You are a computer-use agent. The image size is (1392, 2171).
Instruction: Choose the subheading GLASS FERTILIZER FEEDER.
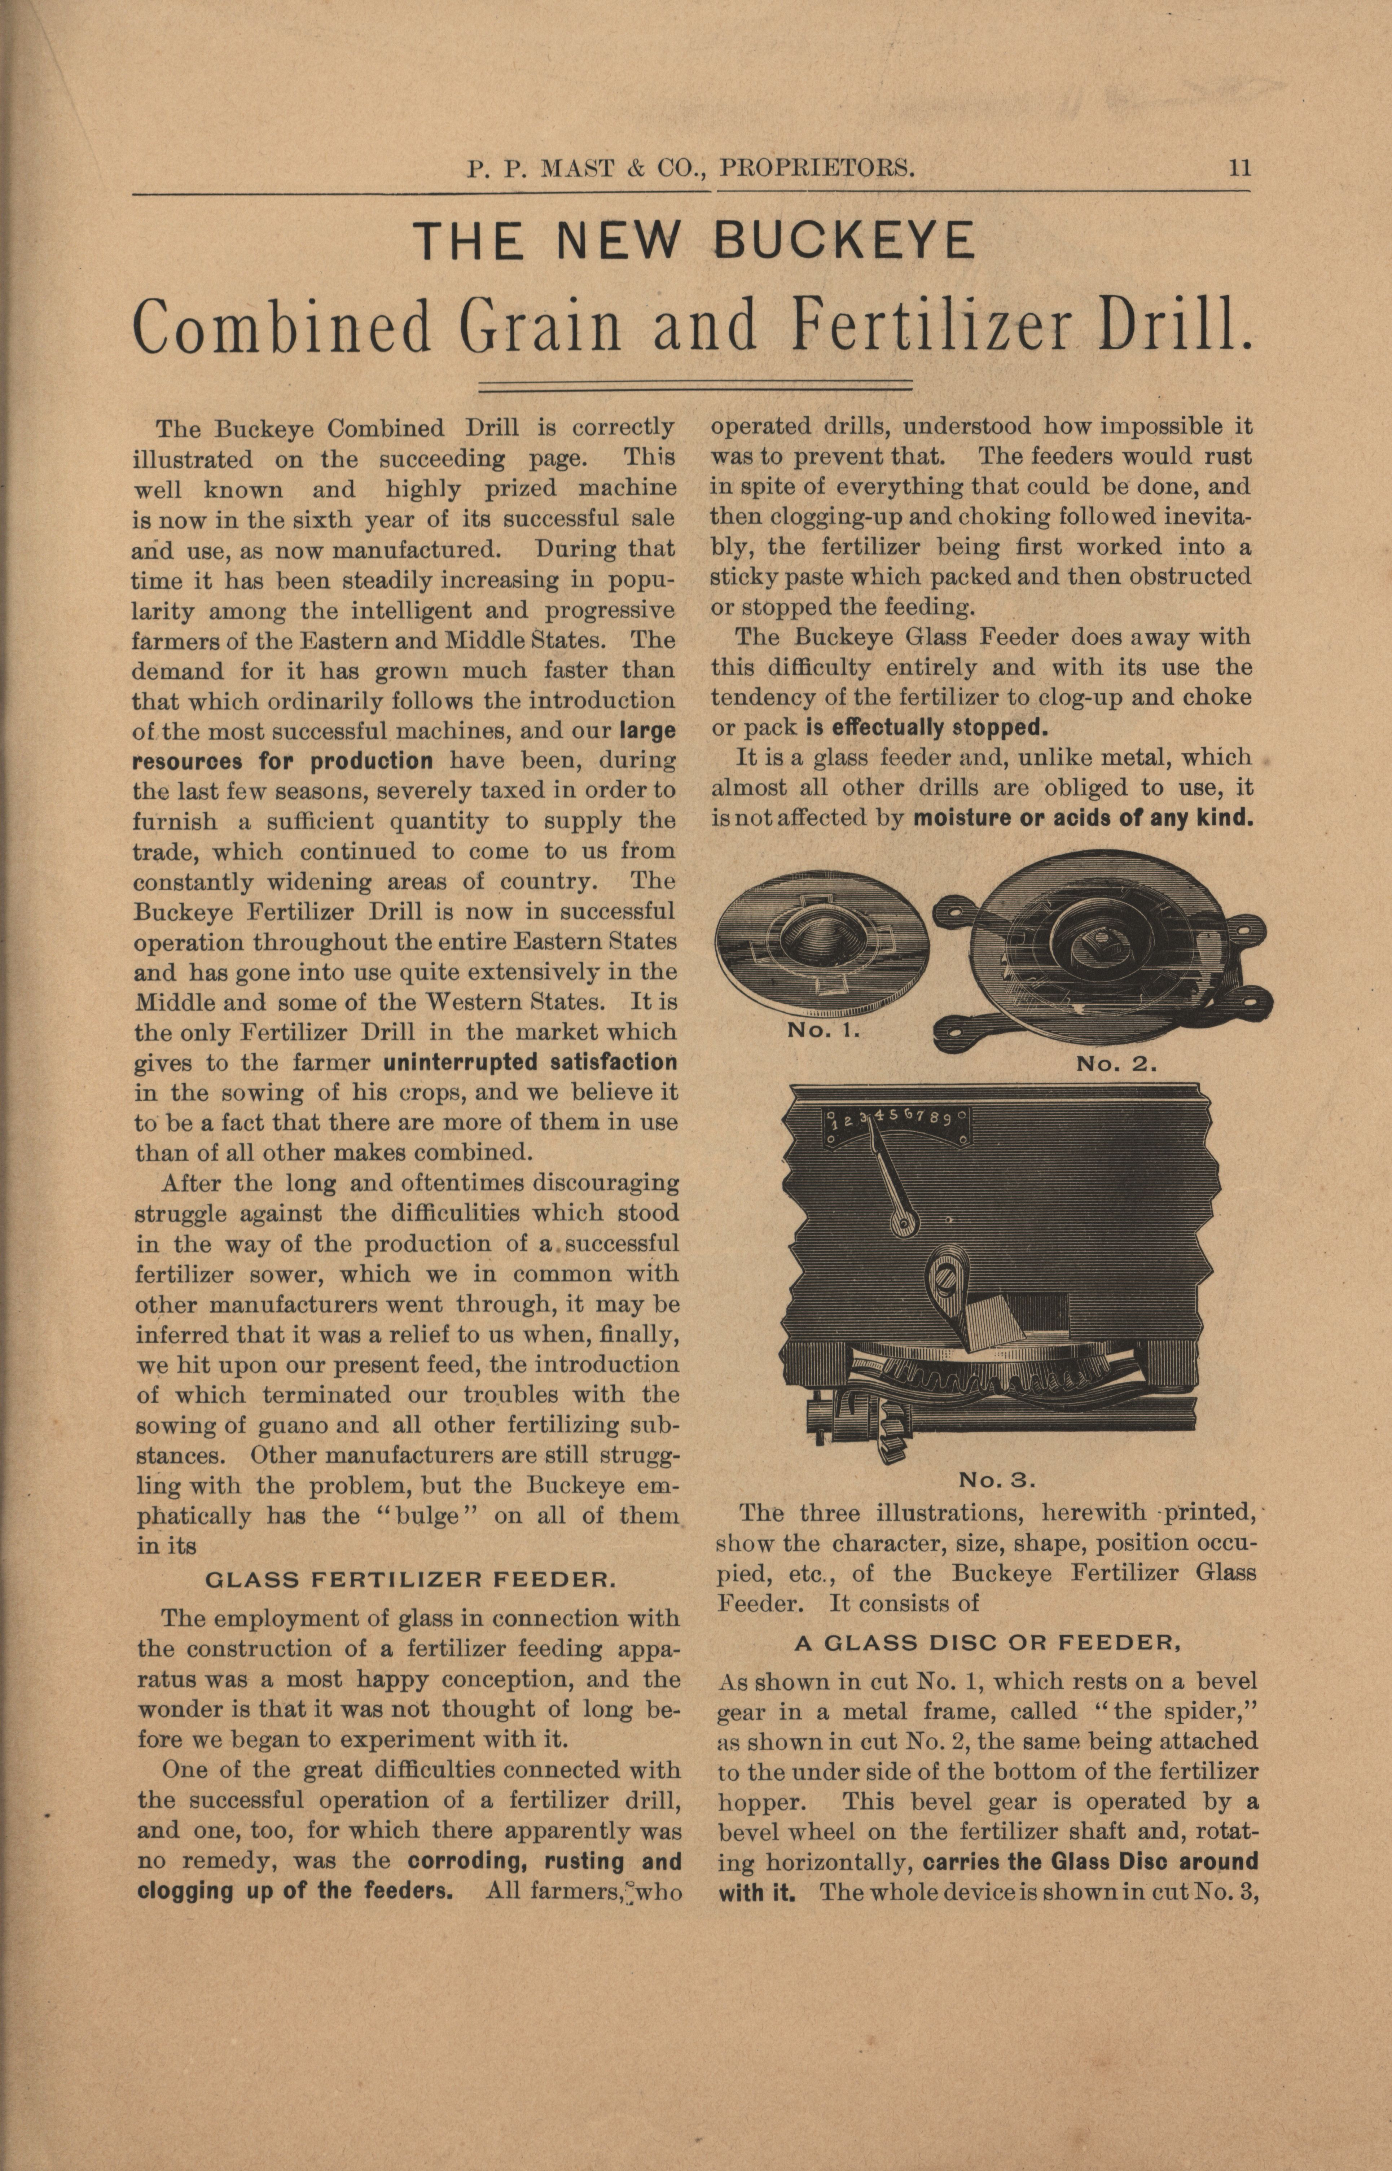coord(411,1580)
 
